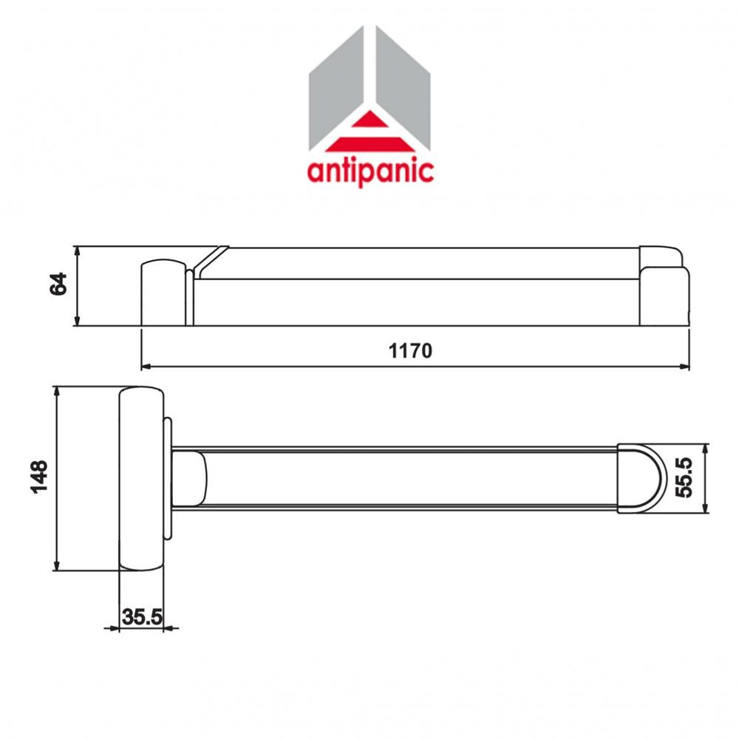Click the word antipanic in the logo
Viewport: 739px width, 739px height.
[x=369, y=171]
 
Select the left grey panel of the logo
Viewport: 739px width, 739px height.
[x=336, y=89]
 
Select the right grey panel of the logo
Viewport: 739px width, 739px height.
[x=403, y=89]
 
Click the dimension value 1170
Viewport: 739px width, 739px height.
[x=410, y=350]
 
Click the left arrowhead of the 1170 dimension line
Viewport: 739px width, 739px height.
[x=146, y=365]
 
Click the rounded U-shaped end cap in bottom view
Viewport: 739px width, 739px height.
[x=640, y=477]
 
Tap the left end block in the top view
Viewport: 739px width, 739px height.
[x=162, y=292]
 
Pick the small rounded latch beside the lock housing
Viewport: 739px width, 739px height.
[x=188, y=478]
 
